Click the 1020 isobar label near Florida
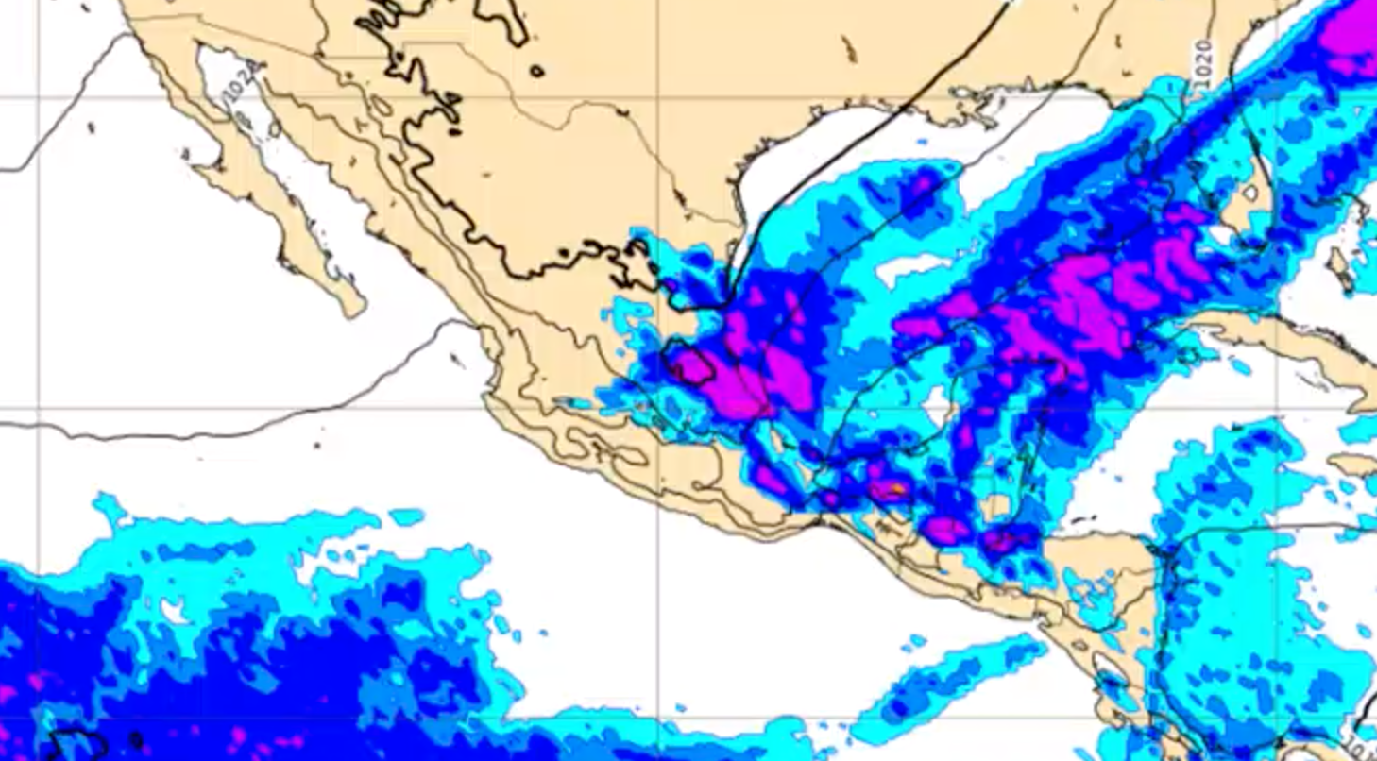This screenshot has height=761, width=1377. (x=1203, y=64)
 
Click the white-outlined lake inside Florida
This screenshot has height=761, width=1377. (x=1250, y=194)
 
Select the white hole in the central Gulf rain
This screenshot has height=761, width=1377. (x=911, y=268)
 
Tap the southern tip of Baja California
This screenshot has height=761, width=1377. (x=353, y=310)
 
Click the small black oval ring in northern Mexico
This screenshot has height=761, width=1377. (x=537, y=71)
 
